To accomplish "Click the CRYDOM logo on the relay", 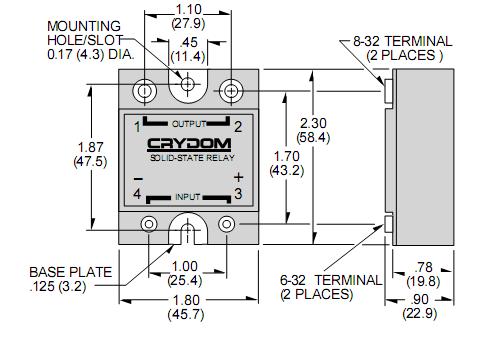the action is pos(189,144).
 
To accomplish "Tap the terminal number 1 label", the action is pos(137,127).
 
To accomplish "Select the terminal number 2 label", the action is pos(238,127).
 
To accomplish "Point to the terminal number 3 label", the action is pos(238,194).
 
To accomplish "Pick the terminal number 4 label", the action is pos(137,194).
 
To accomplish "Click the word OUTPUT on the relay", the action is pos(189,124).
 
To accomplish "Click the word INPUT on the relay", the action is pos(188,197).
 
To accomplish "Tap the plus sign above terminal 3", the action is pos(239,177).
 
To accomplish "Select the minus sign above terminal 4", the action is pos(138,179).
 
